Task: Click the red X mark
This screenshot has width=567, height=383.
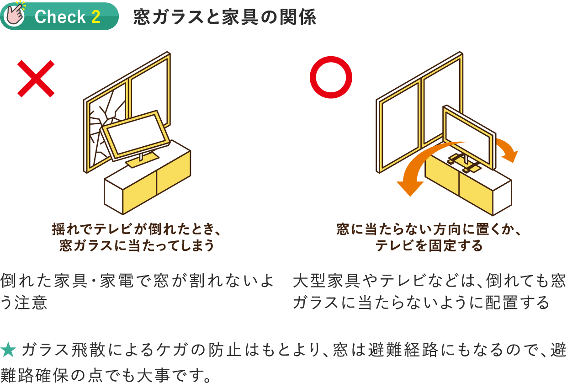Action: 36,79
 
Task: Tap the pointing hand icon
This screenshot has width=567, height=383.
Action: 14,14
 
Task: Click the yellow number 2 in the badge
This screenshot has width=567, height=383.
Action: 95,17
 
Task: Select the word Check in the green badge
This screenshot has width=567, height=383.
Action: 60,17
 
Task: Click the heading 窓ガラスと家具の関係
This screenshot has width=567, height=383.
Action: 224,18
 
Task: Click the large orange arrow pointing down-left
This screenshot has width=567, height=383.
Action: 425,169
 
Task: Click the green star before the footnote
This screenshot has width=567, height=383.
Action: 9,351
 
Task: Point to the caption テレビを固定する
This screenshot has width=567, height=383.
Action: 429,246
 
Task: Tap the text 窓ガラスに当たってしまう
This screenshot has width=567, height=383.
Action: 137,246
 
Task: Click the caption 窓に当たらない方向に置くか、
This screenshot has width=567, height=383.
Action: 429,229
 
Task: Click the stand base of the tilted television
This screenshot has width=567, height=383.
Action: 140,161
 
